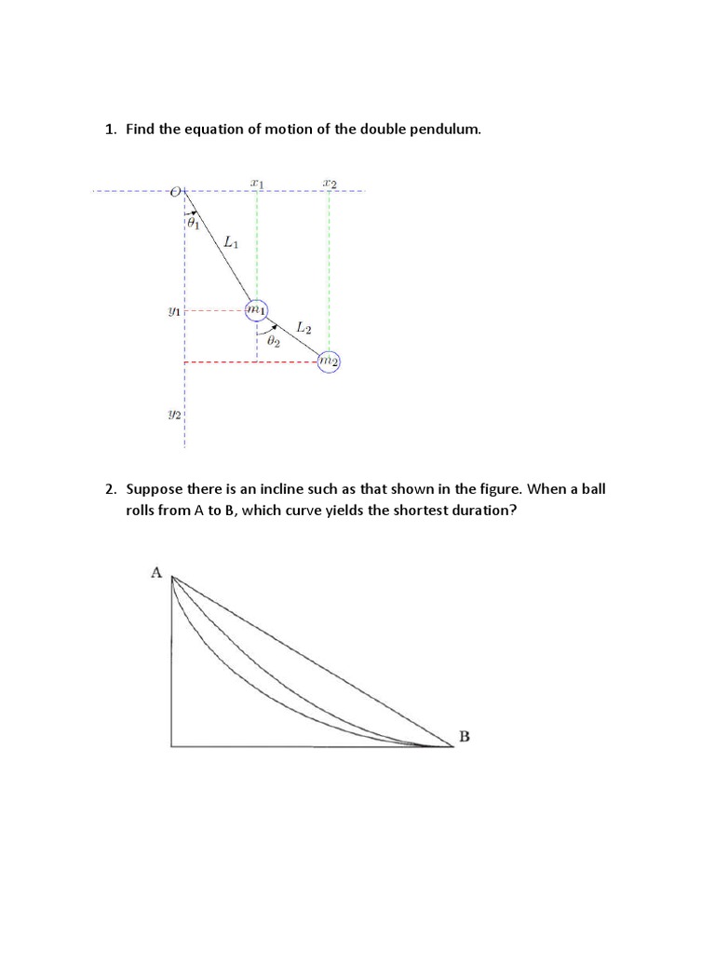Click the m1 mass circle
(257, 309)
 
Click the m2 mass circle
(329, 361)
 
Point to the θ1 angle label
(193, 224)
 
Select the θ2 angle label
(273, 342)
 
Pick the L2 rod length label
(304, 327)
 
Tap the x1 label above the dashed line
(257, 183)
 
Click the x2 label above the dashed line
(329, 183)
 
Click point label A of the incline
(156, 573)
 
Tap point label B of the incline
(464, 736)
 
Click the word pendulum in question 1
(440, 129)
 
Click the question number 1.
(108, 129)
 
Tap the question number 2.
(109, 488)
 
